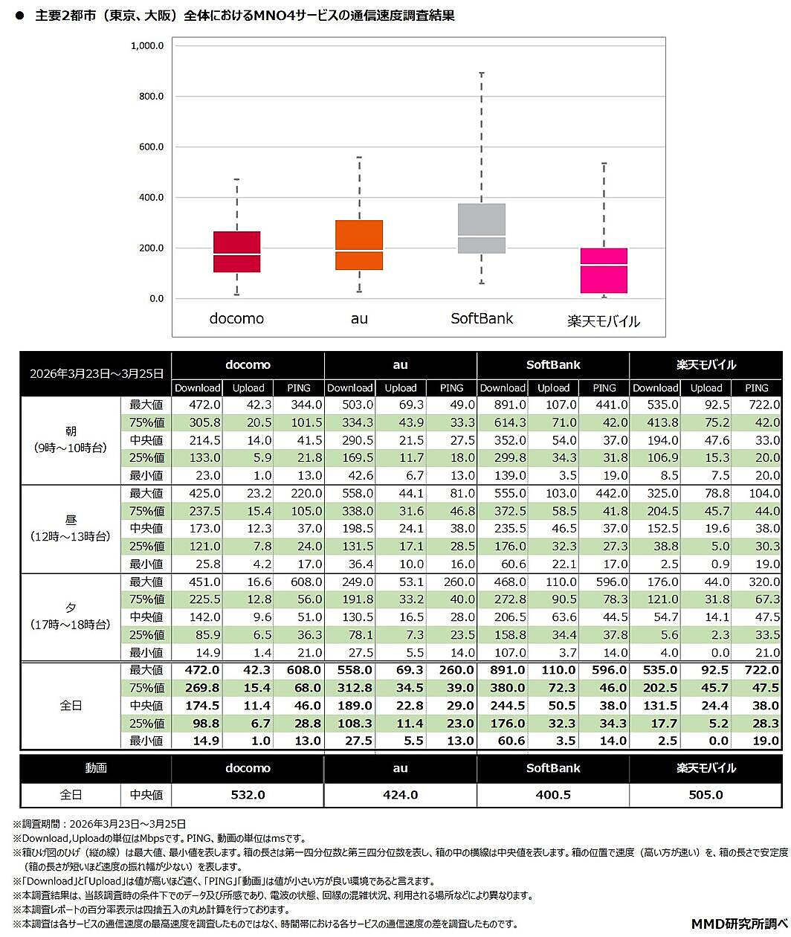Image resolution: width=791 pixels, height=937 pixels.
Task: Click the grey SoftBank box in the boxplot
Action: click(482, 228)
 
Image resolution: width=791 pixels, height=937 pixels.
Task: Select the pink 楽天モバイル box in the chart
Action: click(604, 271)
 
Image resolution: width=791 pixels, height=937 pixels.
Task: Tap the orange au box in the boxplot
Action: click(359, 245)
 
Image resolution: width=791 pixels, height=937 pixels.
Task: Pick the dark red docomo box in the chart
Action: click(236, 251)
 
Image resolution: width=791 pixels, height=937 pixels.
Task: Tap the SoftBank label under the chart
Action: click(482, 318)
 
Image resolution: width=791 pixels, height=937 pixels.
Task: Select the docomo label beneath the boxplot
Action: click(236, 318)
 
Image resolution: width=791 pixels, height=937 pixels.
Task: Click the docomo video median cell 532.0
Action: click(248, 795)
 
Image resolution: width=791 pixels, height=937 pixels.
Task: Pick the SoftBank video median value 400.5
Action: click(553, 795)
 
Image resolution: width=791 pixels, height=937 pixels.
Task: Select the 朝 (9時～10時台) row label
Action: click(71, 439)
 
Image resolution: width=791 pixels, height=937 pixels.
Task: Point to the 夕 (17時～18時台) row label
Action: click(71, 616)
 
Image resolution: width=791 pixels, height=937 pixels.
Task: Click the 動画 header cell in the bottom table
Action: click(96, 768)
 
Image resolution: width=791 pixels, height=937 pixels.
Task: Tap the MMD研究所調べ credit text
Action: click(738, 924)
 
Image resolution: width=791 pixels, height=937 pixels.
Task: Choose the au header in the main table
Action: click(400, 365)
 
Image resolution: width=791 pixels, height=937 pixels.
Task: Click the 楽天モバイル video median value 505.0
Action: click(706, 795)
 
